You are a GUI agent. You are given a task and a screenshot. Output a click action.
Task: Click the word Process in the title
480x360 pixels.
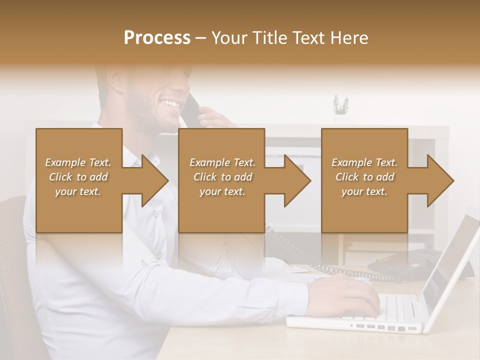point(157,37)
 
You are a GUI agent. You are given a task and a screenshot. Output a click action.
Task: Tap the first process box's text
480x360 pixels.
point(78,177)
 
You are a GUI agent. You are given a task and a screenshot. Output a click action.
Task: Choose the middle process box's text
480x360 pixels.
point(222,177)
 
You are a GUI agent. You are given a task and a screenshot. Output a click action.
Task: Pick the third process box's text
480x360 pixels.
point(364,177)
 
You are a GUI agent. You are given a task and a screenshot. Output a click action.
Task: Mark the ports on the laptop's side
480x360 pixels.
point(385,327)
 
